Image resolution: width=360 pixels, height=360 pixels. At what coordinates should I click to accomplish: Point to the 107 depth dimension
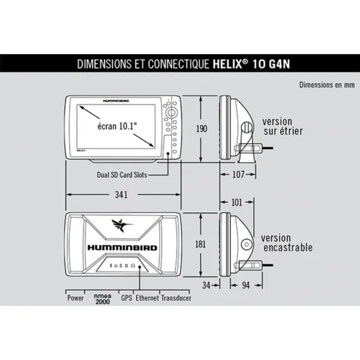[239, 175]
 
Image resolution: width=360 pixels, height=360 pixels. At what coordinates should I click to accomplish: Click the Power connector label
[75, 298]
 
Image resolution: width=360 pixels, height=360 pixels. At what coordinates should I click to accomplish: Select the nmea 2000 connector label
[103, 299]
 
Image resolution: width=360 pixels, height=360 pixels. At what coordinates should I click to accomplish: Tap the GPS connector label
[127, 298]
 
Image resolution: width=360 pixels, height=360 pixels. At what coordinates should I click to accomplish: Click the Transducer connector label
[176, 298]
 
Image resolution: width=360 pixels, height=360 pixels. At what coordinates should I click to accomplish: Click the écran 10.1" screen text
[117, 126]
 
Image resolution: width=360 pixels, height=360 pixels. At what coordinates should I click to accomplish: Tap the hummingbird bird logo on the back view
[122, 225]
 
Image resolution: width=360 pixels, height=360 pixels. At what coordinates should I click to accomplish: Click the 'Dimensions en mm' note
[326, 85]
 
